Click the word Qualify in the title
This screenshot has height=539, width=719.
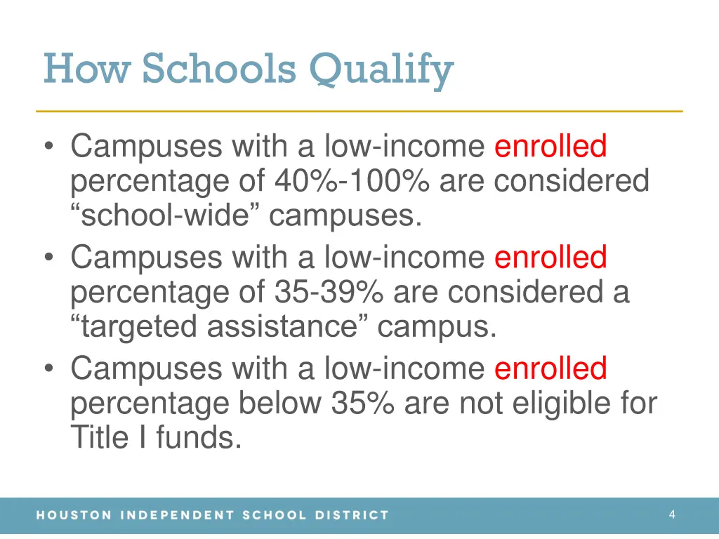click(381, 71)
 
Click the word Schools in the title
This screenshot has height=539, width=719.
click(218, 69)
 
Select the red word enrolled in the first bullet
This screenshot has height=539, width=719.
click(550, 147)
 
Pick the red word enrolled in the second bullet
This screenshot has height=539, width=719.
click(550, 258)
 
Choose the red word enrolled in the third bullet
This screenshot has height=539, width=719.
click(550, 368)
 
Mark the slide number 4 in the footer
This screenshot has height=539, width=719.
click(672, 514)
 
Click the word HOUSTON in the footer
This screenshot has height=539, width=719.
click(74, 515)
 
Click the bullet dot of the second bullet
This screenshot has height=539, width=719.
click(48, 258)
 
